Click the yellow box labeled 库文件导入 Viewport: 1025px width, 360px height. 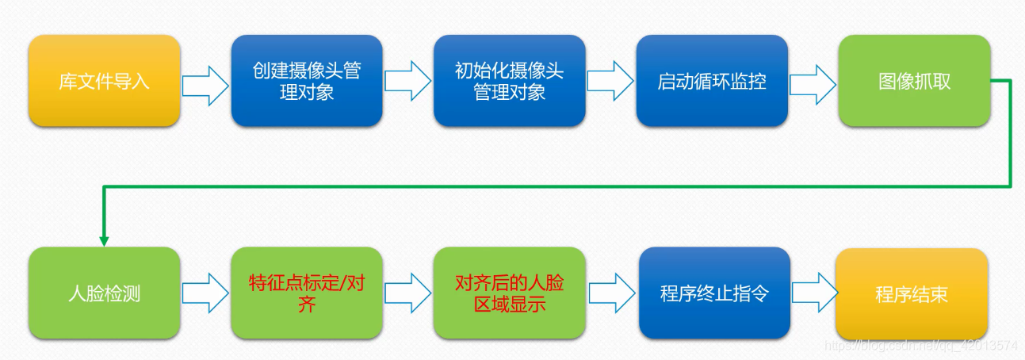(104, 81)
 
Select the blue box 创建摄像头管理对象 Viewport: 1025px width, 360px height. (307, 81)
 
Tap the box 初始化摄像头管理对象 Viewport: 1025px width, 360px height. (509, 81)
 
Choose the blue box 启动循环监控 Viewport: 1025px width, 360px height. (712, 81)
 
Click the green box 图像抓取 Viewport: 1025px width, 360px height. (914, 81)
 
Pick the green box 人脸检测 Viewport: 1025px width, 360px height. (104, 293)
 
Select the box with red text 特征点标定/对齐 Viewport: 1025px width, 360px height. (307, 293)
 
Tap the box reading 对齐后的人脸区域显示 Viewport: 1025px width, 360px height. (509, 293)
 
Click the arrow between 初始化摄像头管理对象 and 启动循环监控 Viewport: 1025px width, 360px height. (610, 81)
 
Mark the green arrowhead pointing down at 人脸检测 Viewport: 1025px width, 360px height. (103, 239)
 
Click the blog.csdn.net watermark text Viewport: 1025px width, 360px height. (920, 347)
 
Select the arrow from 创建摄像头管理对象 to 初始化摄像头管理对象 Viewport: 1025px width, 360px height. (408, 81)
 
